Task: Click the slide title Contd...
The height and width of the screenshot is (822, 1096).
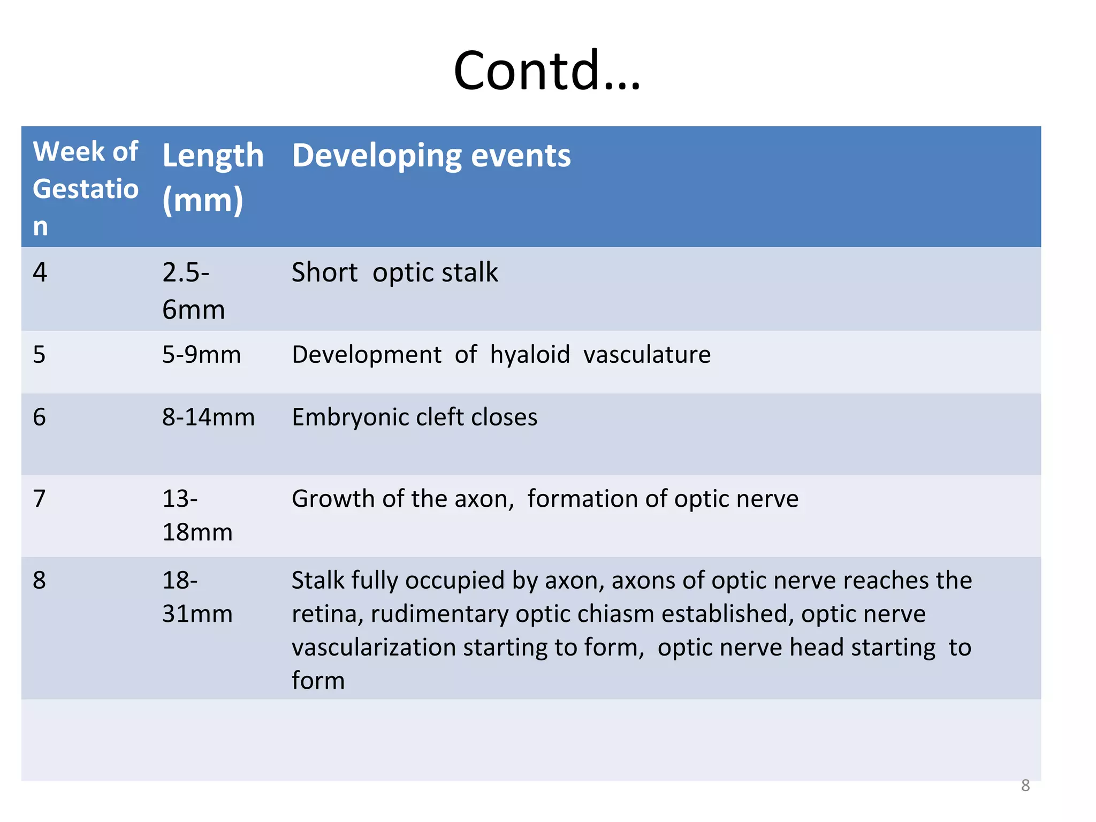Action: coord(546,70)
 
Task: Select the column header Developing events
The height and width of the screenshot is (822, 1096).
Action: coord(431,156)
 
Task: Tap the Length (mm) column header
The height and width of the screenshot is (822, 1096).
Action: coord(212,177)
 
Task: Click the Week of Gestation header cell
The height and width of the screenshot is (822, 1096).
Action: coord(86,188)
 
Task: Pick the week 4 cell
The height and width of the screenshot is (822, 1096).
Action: coord(40,272)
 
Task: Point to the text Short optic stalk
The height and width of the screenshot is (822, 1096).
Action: coord(394,272)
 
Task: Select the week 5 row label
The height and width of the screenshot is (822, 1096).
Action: coord(40,355)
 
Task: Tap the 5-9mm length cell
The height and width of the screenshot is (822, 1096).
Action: coord(201,355)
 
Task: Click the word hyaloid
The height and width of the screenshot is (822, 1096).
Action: coord(530,355)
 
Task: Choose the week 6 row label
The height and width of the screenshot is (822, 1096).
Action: coord(40,417)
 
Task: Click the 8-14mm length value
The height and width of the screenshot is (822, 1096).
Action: coord(208,417)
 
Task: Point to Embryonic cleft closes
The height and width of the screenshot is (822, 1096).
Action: coord(414,417)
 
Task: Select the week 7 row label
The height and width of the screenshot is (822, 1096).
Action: coord(40,499)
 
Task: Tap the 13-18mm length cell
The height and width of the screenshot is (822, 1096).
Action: coord(197,515)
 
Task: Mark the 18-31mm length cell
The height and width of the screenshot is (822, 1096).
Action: coord(197,597)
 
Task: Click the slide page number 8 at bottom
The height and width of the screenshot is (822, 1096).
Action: coord(1025,785)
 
